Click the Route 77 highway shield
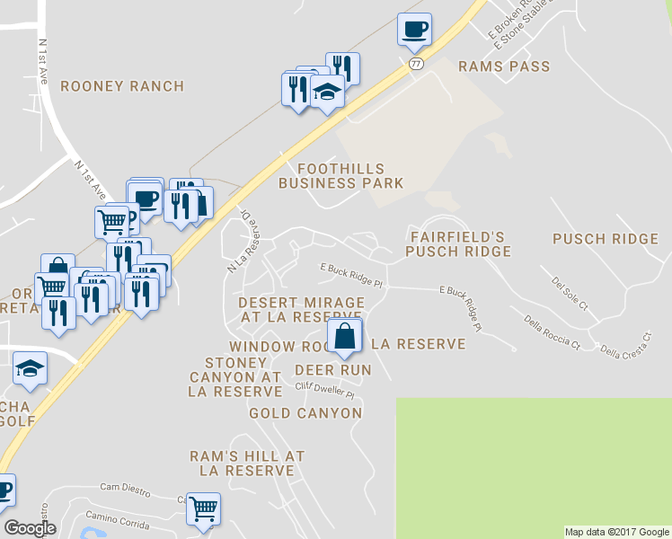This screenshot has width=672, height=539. coord(415,64)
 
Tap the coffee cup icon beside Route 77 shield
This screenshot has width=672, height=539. coord(414,30)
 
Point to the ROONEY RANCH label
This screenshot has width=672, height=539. coord(122,86)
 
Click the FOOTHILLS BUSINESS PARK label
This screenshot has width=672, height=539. coord(340,176)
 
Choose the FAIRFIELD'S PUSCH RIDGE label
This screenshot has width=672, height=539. coord(458,244)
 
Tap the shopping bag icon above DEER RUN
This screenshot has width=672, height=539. coord(344,338)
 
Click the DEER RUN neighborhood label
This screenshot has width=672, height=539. coord(333,369)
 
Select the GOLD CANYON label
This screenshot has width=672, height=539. coord(305,413)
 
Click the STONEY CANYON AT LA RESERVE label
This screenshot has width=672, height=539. coord(235,376)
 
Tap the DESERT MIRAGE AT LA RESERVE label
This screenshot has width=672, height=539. coord(301,310)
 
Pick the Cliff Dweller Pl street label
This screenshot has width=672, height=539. coord(325,391)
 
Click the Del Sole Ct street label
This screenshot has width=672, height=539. coord(569,294)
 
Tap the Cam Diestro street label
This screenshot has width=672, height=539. coord(124,487)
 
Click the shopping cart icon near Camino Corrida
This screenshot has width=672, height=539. coord(203,509)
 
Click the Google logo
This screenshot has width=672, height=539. coord(30,528)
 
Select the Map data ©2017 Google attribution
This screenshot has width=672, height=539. coord(617,532)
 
